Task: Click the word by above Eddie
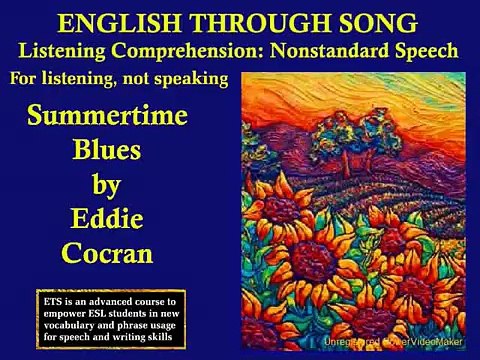[x=108, y=183]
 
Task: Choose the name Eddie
[x=108, y=217]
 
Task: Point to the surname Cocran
[x=108, y=252]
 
